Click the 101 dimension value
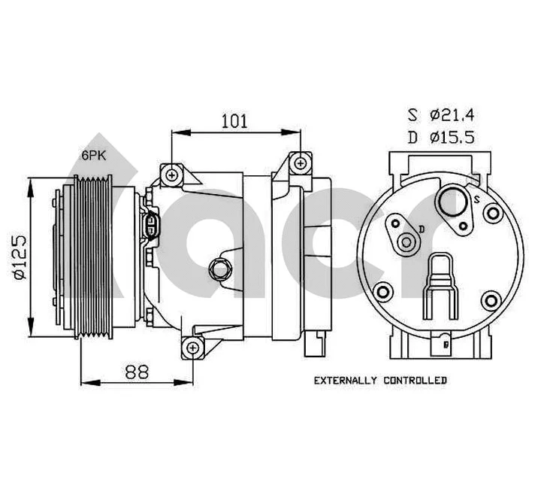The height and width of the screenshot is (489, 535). pyautogui.click(x=234, y=120)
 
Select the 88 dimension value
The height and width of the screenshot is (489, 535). pyautogui.click(x=137, y=371)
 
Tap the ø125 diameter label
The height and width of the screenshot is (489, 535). pyautogui.click(x=20, y=256)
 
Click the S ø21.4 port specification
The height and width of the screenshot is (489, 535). pyautogui.click(x=442, y=115)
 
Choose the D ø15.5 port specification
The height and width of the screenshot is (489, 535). pyautogui.click(x=442, y=137)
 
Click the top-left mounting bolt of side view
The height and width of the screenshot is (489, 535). pyautogui.click(x=173, y=175)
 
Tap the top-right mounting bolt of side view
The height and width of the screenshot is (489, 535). pyautogui.click(x=300, y=162)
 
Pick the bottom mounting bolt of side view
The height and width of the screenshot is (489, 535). pyautogui.click(x=193, y=348)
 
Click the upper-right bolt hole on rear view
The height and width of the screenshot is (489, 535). pyautogui.click(x=493, y=214)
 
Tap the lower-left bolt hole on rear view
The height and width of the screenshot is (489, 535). pyautogui.click(x=383, y=292)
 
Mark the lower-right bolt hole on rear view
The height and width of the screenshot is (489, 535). pyautogui.click(x=492, y=301)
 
